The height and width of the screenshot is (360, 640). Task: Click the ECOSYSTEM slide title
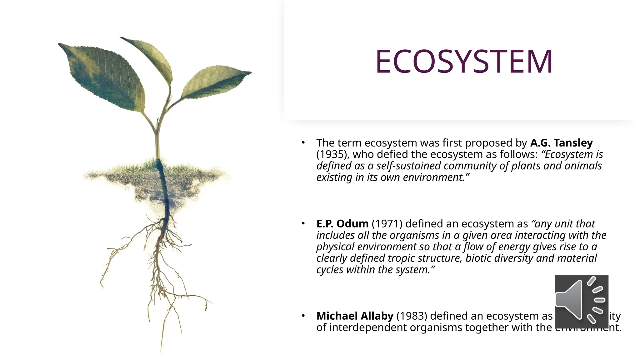[x=464, y=62]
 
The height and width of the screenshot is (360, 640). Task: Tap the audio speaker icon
[x=581, y=301]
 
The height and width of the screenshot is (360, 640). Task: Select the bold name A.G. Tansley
[x=561, y=143]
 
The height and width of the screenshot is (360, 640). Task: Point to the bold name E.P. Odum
[x=342, y=224]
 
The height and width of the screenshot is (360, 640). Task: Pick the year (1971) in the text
[x=387, y=224]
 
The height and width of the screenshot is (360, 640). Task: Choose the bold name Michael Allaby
[x=355, y=316]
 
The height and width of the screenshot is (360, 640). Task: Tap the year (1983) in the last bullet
[x=412, y=316]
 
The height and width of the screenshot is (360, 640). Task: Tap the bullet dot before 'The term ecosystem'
[x=303, y=143]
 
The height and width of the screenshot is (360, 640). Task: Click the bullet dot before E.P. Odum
[x=303, y=224]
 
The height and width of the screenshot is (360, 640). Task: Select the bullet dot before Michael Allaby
[x=303, y=316]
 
